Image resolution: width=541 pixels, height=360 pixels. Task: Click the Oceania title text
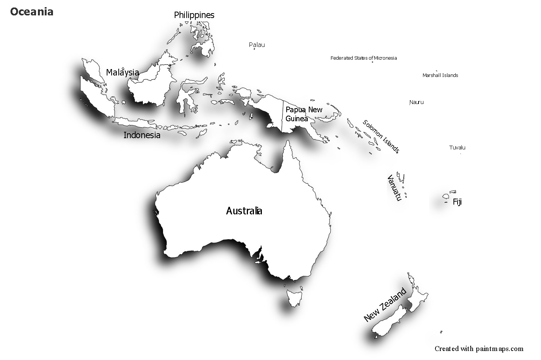click(32, 12)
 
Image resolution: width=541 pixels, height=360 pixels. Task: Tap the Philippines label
click(194, 15)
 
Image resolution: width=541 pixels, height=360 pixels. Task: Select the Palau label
click(257, 45)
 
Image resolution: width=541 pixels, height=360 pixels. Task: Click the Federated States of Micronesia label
click(363, 58)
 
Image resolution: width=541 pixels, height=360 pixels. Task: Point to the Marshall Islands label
click(440, 75)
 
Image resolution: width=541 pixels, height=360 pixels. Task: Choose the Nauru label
click(416, 102)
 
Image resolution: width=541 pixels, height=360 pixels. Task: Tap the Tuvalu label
click(457, 148)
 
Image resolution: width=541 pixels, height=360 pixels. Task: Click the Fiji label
click(457, 202)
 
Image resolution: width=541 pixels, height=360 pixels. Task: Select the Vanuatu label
click(394, 188)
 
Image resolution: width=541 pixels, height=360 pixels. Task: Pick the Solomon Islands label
click(381, 136)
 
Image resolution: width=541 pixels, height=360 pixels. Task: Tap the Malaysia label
click(122, 72)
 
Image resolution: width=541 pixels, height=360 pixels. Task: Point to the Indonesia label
click(142, 135)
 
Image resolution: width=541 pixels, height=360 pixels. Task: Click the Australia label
click(244, 211)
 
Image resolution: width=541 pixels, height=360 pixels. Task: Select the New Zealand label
click(385, 304)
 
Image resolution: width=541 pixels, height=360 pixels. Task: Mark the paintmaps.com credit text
click(479, 349)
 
